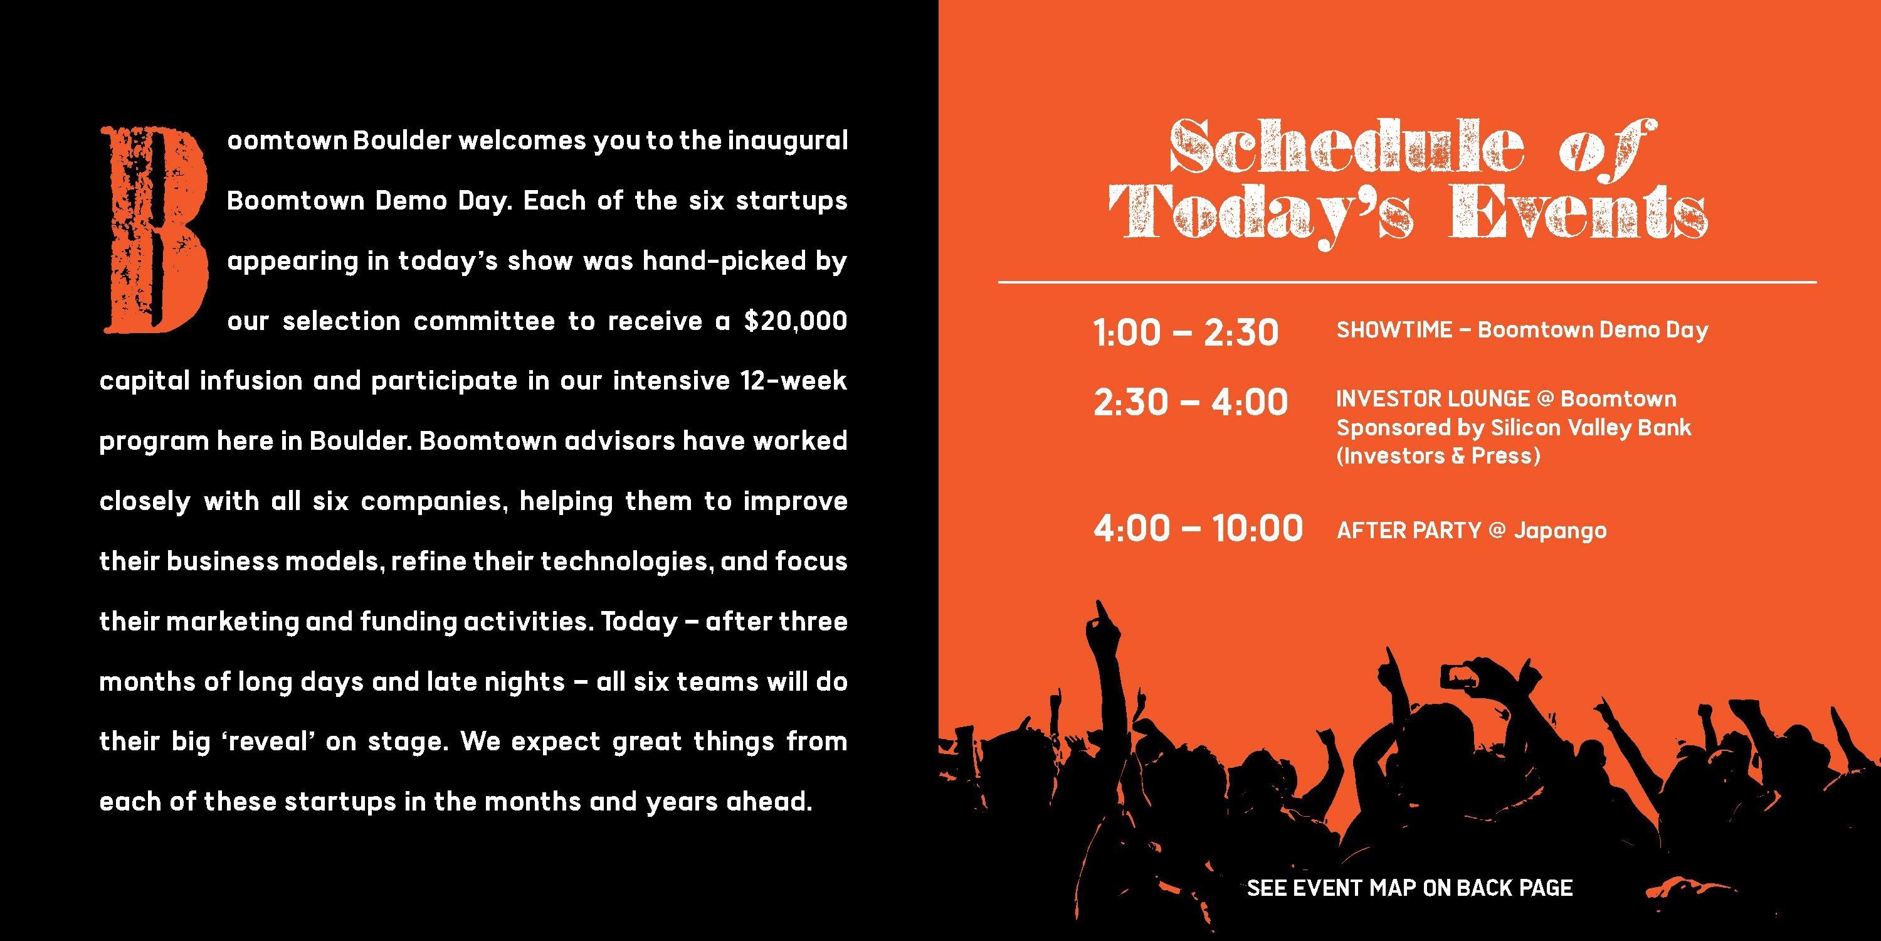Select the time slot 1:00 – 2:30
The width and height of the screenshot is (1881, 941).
[x=1186, y=333]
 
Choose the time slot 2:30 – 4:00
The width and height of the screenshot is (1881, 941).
[x=1190, y=402]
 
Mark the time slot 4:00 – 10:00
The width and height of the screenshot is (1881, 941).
[x=1198, y=528]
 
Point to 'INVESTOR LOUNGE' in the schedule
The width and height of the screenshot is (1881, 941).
[x=1433, y=399]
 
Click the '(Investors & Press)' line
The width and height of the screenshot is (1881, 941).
[x=1438, y=456]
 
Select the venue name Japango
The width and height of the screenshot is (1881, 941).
[x=1560, y=531]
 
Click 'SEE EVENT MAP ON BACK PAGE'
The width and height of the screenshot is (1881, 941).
[x=1409, y=888]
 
